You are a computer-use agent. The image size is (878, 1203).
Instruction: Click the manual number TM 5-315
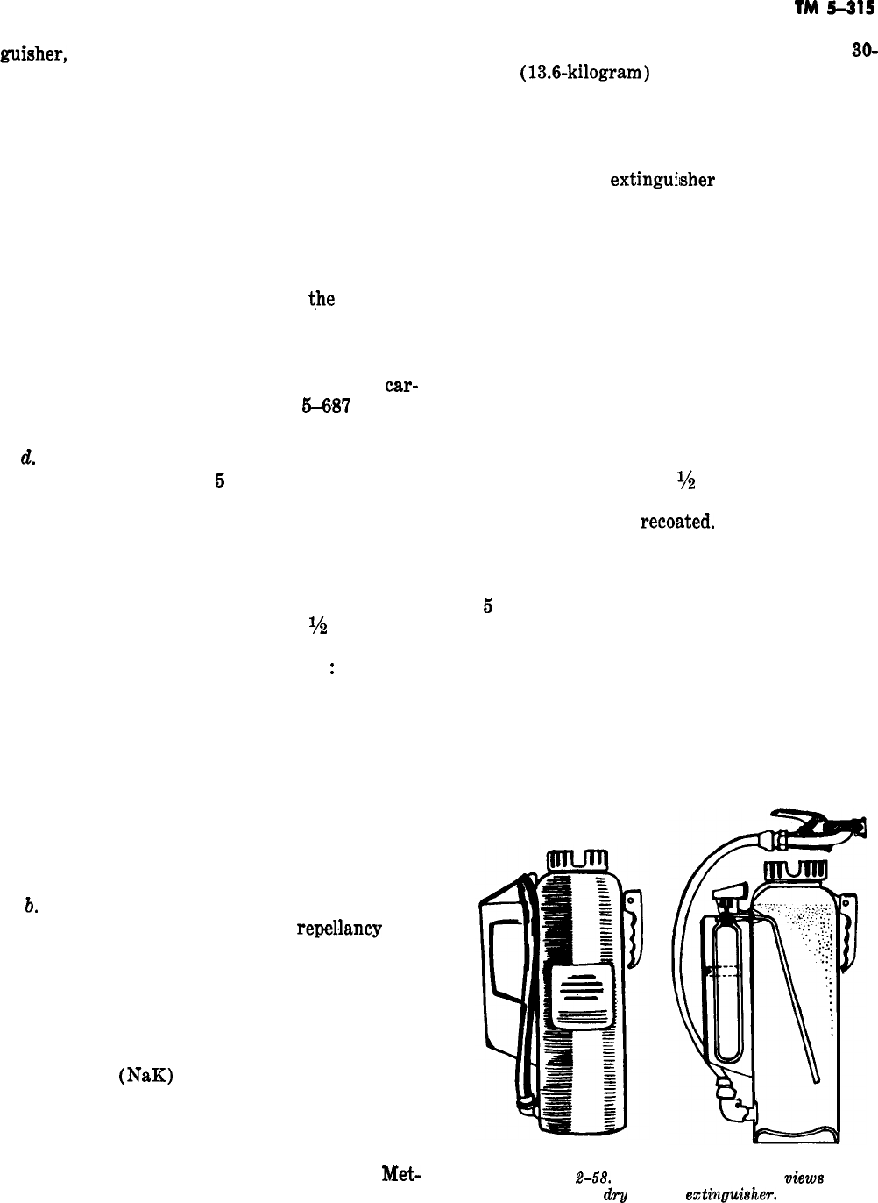pyautogui.click(x=839, y=11)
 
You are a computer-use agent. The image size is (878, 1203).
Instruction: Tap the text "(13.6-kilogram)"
pyautogui.click(x=583, y=75)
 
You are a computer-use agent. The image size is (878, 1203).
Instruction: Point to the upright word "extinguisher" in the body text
pyautogui.click(x=663, y=181)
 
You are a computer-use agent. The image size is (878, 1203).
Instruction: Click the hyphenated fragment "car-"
pyautogui.click(x=399, y=386)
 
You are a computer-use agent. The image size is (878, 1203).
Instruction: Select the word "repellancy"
pyautogui.click(x=337, y=929)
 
